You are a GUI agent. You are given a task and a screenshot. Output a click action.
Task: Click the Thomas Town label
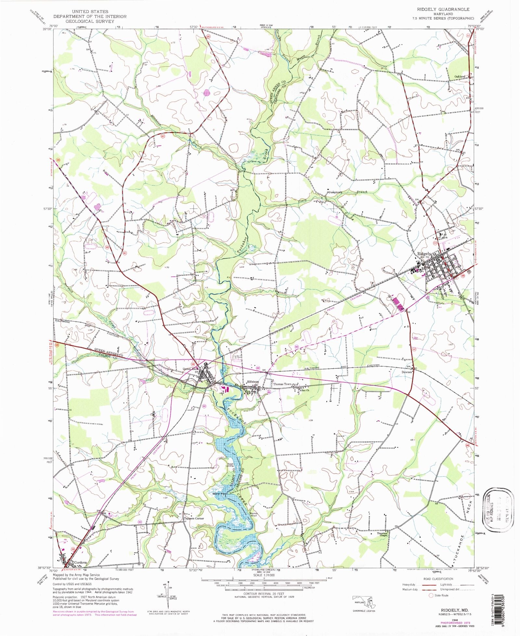click(x=282, y=384)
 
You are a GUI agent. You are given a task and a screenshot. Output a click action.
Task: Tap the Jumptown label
click(x=335, y=192)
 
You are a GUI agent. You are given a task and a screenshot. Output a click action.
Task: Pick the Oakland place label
click(x=460, y=76)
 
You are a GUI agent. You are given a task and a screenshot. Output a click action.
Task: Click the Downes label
click(x=406, y=372)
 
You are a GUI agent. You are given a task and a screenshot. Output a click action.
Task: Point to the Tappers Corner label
click(x=194, y=518)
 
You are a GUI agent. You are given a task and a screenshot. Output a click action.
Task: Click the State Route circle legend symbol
click(x=431, y=595)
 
